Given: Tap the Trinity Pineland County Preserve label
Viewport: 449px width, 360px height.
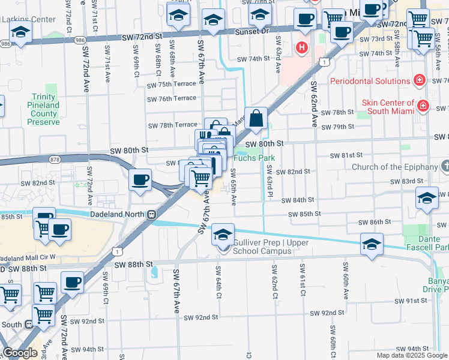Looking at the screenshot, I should pos(44,110).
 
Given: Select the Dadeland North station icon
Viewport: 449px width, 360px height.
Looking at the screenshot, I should pos(152,213).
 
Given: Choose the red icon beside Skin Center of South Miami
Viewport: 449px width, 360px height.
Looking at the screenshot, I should pos(423,106).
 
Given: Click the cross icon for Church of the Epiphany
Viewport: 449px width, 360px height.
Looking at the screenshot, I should pos(444,166).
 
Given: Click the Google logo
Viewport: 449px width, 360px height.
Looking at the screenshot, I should pos(20,353).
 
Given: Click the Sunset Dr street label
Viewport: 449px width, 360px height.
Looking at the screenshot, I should pos(253,31).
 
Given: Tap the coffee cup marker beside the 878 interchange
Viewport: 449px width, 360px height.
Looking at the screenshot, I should pos(140,179).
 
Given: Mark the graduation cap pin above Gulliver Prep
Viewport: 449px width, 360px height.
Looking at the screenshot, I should pos(223,235).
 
